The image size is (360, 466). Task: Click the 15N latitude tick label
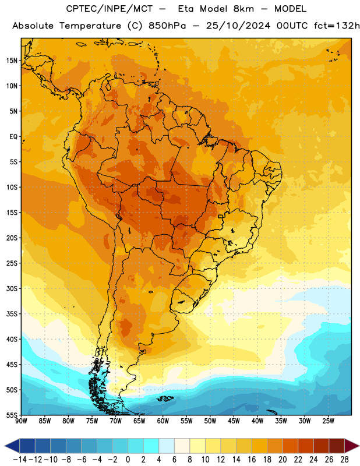click(12, 61)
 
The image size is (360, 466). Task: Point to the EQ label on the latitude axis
click(13, 137)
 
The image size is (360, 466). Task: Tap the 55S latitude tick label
click(12, 415)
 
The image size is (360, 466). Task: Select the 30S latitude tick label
click(12, 288)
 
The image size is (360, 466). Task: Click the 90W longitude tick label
click(21, 421)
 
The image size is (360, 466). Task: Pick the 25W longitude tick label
click(328, 421)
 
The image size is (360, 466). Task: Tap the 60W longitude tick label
click(163, 421)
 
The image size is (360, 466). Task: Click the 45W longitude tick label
click(234, 421)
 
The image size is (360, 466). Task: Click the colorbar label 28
click(344, 460)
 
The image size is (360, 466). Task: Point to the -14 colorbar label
click(20, 460)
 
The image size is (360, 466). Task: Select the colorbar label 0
click(128, 460)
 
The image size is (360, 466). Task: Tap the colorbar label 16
click(252, 460)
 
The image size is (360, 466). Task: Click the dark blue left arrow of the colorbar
click(12, 446)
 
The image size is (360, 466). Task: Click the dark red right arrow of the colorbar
click(352, 446)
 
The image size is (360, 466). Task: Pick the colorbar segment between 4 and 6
click(167, 446)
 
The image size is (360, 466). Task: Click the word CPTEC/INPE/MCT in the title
click(110, 9)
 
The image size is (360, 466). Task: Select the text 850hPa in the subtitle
click(167, 26)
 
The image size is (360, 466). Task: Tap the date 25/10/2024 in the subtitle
click(238, 26)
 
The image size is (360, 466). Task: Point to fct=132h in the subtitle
click(337, 26)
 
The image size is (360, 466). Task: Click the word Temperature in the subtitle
click(90, 26)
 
